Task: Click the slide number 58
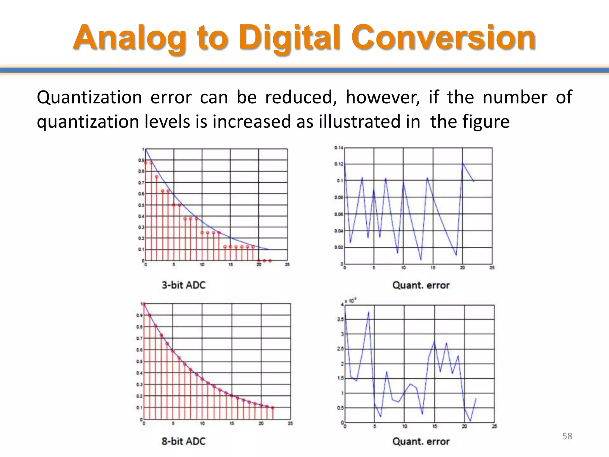(x=567, y=436)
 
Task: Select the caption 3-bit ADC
(x=183, y=285)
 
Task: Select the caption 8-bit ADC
(x=183, y=441)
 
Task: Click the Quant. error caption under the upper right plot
(x=421, y=285)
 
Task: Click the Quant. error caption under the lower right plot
(x=421, y=441)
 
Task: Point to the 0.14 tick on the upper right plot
(x=338, y=148)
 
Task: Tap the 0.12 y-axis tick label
(x=338, y=164)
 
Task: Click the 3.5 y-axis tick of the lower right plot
(x=340, y=319)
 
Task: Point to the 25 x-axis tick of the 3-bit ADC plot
(x=287, y=265)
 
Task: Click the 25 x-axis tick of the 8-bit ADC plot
(x=291, y=423)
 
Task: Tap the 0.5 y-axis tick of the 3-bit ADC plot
(x=141, y=205)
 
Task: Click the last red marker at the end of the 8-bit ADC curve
(x=273, y=408)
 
